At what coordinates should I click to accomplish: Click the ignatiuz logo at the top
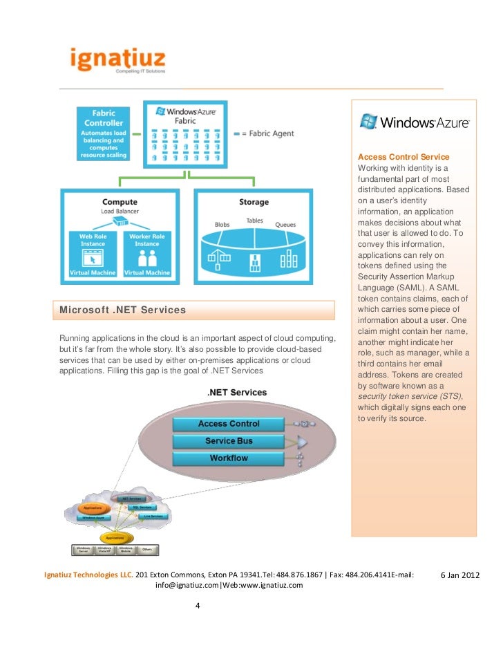pos(117,60)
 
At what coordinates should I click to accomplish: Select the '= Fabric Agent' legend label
pos(266,133)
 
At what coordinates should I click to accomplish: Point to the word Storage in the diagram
pos(254,202)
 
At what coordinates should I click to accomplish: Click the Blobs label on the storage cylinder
pos(222,225)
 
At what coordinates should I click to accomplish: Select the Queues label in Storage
pos(285,225)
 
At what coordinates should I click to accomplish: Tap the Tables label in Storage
pos(254,221)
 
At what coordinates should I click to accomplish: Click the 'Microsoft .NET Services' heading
pos(123,310)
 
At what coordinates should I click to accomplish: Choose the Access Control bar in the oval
pos(229,424)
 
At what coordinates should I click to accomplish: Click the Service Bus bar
pos(229,441)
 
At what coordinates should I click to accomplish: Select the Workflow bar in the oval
pos(229,458)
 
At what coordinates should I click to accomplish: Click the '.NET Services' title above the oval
pos(237,393)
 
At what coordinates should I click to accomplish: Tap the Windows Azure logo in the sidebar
pos(414,122)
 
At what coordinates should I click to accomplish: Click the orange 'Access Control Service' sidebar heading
pos(404,157)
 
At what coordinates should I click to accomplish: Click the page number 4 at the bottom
pos(198,607)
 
